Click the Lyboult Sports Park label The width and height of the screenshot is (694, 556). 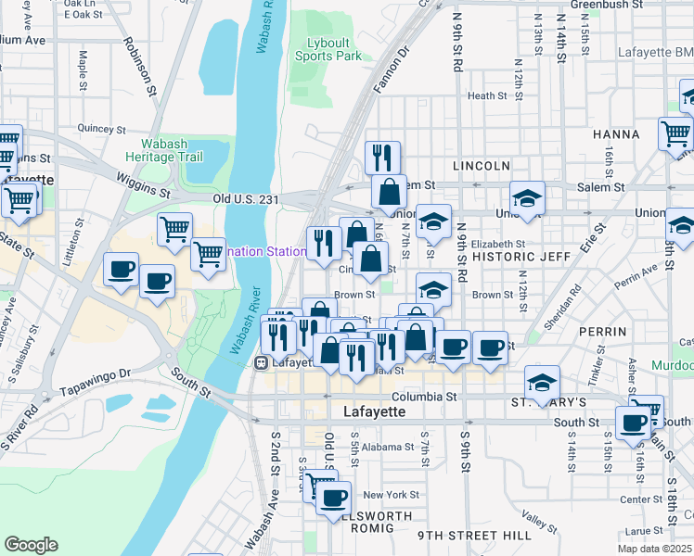tap(328, 49)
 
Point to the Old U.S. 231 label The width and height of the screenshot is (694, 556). tap(246, 198)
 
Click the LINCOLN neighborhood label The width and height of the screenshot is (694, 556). tap(482, 166)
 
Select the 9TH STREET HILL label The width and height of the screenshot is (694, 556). tap(473, 536)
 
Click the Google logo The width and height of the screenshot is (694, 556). tap(31, 545)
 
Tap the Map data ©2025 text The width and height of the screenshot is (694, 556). tap(654, 549)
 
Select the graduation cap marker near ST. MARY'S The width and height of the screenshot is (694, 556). tap(543, 381)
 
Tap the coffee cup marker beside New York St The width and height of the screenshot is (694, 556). tap(333, 498)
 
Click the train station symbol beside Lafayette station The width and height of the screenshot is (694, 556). tap(262, 363)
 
